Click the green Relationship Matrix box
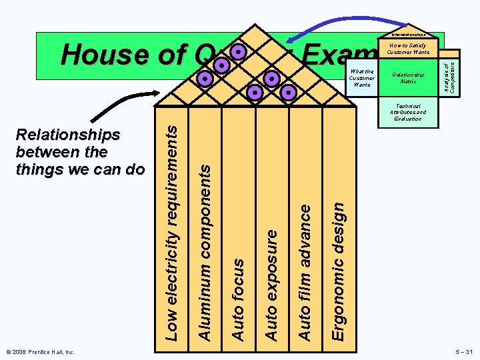408,79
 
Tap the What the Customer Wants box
362,79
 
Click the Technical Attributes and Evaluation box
408,113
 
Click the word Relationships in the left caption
68,135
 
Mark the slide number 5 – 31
459,351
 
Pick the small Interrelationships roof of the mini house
408,34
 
